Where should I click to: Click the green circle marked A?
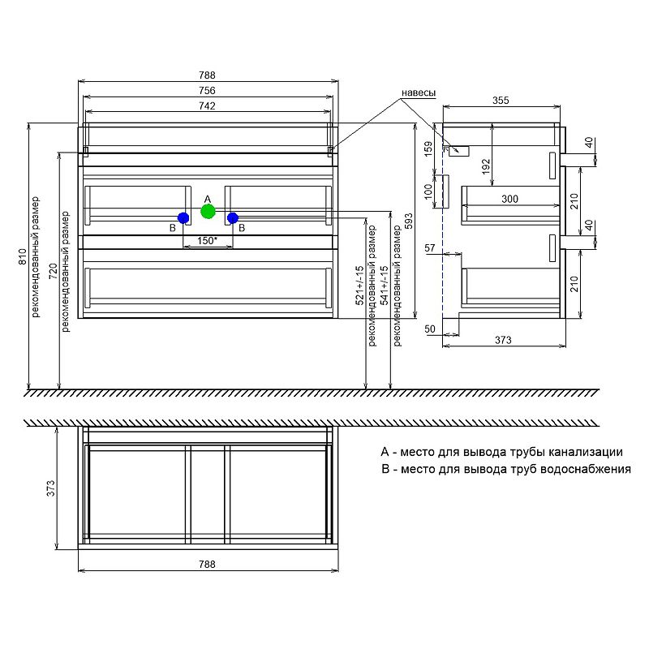click(208, 212)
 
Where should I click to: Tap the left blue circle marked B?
click(183, 217)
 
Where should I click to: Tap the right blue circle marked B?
click(233, 217)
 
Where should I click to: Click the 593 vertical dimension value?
click(410, 221)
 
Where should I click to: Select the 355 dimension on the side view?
click(501, 101)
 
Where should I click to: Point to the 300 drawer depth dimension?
click(509, 199)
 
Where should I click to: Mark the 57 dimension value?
click(430, 247)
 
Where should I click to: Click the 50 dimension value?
click(430, 329)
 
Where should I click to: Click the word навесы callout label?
click(421, 94)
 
